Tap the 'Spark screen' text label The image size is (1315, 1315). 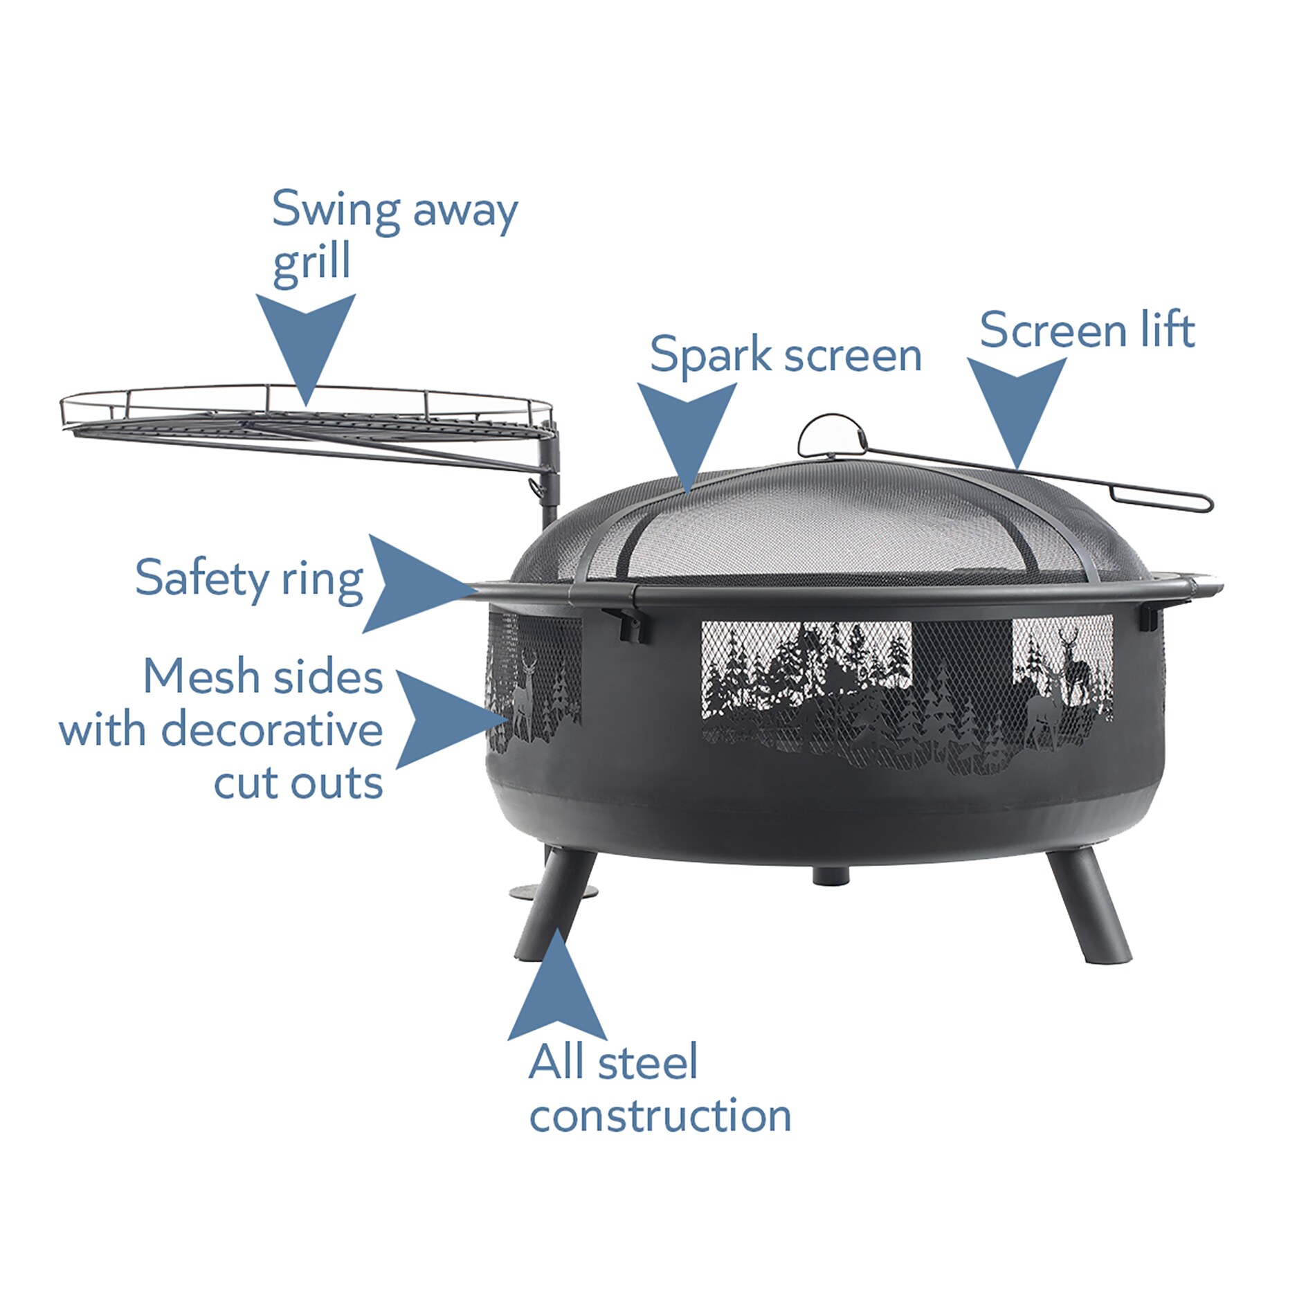pyautogui.click(x=785, y=355)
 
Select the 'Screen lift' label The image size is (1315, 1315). pyautogui.click(x=1087, y=330)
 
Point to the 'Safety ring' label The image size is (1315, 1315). pyautogui.click(x=249, y=579)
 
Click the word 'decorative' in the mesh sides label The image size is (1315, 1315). pyautogui.click(x=271, y=730)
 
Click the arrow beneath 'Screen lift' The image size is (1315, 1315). pyautogui.click(x=1016, y=405)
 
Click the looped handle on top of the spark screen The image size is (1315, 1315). pyautogui.click(x=831, y=435)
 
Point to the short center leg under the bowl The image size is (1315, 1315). pyautogui.click(x=831, y=875)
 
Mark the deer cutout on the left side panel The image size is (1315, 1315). pyautogui.click(x=524, y=696)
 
